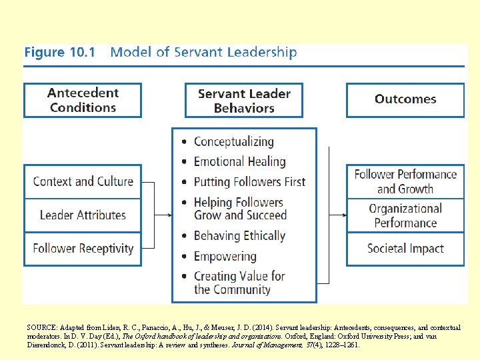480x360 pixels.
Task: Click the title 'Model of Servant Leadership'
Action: tap(203, 52)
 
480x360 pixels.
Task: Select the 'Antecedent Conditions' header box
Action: tap(83, 100)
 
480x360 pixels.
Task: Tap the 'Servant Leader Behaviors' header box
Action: tap(244, 100)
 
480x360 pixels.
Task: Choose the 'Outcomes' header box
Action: tap(405, 99)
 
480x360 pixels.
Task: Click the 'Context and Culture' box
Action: tap(83, 181)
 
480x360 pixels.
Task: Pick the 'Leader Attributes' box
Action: tap(83, 215)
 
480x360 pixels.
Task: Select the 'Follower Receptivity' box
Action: tap(83, 249)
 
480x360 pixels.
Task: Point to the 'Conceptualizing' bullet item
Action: tap(233, 141)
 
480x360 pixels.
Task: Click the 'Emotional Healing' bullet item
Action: tap(239, 161)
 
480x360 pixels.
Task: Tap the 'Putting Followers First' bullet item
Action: tap(249, 181)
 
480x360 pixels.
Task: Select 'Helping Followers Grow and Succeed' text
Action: tap(239, 209)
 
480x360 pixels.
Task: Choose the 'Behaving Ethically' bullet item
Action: tap(239, 235)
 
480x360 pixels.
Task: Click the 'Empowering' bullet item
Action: tap(225, 256)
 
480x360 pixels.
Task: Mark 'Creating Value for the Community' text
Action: tap(239, 283)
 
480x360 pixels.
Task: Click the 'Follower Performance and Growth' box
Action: tap(405, 181)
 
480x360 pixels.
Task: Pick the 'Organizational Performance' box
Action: tap(405, 215)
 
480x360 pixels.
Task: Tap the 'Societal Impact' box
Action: tap(405, 249)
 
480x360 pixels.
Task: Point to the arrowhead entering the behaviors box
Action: tap(169, 215)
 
